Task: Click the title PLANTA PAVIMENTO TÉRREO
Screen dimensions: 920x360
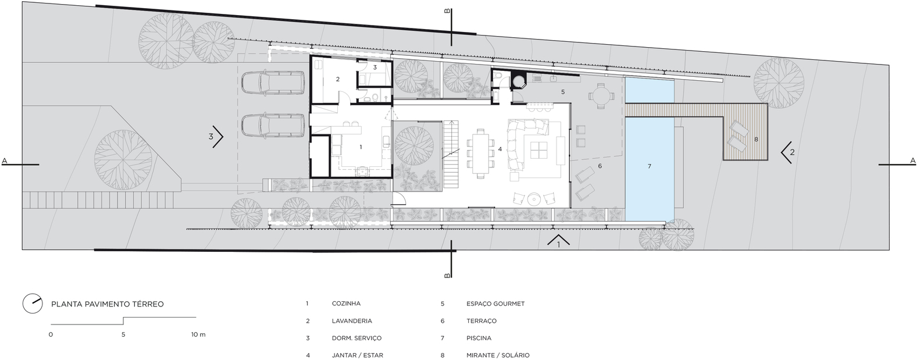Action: point(107,304)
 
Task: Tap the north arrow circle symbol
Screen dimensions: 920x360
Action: point(33,305)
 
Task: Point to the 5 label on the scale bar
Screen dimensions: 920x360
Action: point(123,334)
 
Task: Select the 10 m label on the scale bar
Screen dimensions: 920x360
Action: point(198,334)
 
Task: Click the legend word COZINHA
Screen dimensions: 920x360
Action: point(346,304)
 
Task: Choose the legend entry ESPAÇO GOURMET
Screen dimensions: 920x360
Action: point(495,304)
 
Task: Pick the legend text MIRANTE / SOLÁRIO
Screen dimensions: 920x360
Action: point(498,355)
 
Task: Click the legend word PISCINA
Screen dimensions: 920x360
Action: point(479,338)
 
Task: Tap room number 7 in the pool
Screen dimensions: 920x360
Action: point(650,166)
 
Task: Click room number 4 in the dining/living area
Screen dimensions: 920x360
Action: point(500,149)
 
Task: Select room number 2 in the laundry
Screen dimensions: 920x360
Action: point(338,79)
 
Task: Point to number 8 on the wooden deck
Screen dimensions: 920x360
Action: point(756,140)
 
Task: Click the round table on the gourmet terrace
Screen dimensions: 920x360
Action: point(601,97)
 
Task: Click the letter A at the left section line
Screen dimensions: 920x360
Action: point(5,161)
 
